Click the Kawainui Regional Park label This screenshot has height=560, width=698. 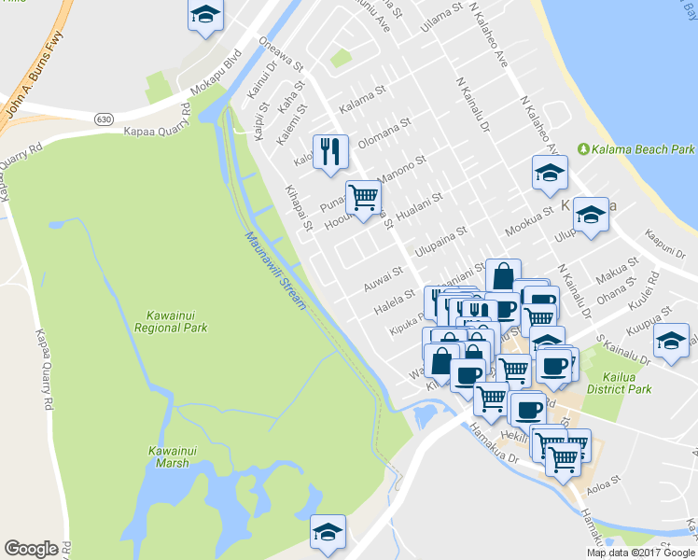170,321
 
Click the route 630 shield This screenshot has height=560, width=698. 103,118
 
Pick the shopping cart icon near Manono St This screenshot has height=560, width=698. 363,197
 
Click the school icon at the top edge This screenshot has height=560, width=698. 205,16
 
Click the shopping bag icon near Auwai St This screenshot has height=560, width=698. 503,276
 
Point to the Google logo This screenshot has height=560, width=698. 32,549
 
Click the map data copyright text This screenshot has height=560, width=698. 640,553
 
